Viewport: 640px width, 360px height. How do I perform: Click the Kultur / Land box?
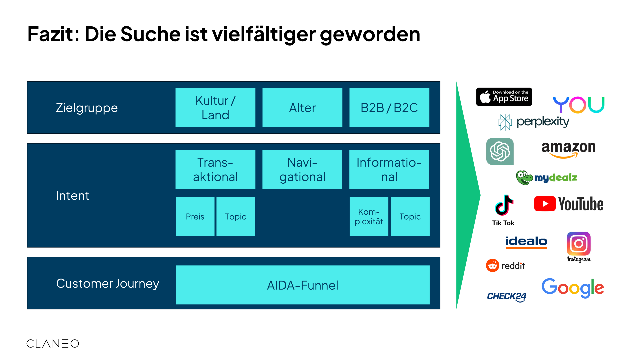point(215,107)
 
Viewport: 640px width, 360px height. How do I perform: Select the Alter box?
point(302,107)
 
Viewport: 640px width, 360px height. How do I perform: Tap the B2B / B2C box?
point(389,107)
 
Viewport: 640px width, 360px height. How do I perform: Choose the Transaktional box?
point(215,169)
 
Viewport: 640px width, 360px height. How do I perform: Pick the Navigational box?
point(302,169)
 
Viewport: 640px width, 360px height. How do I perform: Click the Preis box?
point(195,216)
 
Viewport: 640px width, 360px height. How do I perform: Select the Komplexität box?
point(369,216)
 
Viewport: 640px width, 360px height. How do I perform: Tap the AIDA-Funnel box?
point(302,285)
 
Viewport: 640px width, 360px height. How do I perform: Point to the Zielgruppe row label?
point(87,108)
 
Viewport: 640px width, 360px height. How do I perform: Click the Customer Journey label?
point(107,283)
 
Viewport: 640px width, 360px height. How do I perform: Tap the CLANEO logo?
point(53,344)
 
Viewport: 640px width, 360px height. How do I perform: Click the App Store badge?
point(504,97)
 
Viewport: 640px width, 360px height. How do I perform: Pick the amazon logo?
point(568,149)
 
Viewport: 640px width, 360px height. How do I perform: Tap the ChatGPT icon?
point(500,151)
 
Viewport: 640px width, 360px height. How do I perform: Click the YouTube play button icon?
point(545,204)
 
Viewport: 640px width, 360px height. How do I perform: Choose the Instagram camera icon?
point(578,244)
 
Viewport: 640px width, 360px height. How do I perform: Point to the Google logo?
point(573,287)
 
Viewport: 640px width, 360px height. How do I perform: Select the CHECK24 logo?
point(507,296)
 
